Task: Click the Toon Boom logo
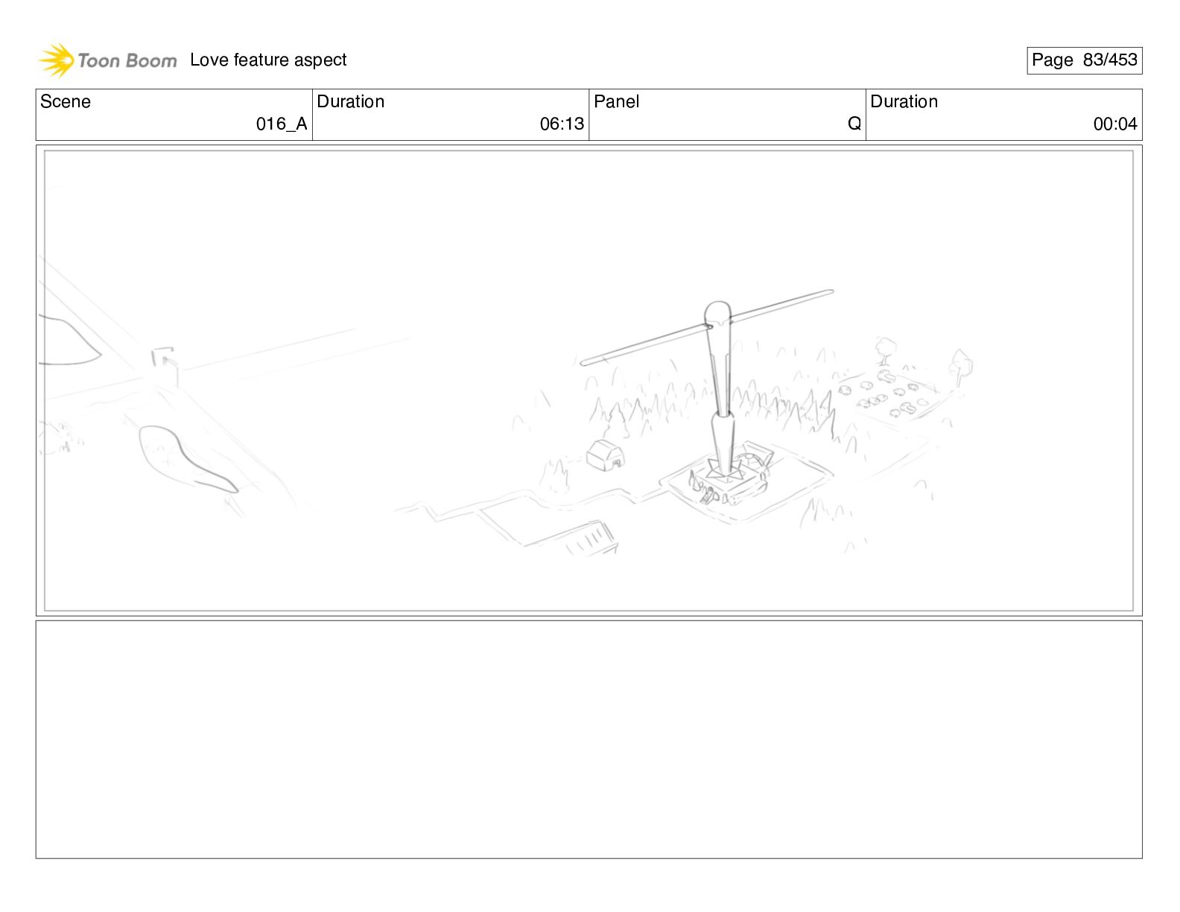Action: (107, 60)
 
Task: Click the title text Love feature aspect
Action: (268, 60)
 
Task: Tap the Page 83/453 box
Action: (1084, 60)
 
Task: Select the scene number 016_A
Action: (282, 124)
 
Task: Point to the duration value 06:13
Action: (562, 124)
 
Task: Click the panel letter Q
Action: (854, 124)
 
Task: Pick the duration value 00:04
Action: (1115, 124)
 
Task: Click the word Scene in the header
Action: (65, 101)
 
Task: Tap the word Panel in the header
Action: (616, 101)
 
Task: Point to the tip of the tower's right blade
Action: (831, 292)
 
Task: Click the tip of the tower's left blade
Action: (583, 363)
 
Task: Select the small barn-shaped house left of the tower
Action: (605, 455)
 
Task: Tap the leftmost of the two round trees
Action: (885, 350)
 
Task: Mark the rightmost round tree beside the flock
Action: (961, 367)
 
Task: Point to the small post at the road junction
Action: (165, 366)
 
